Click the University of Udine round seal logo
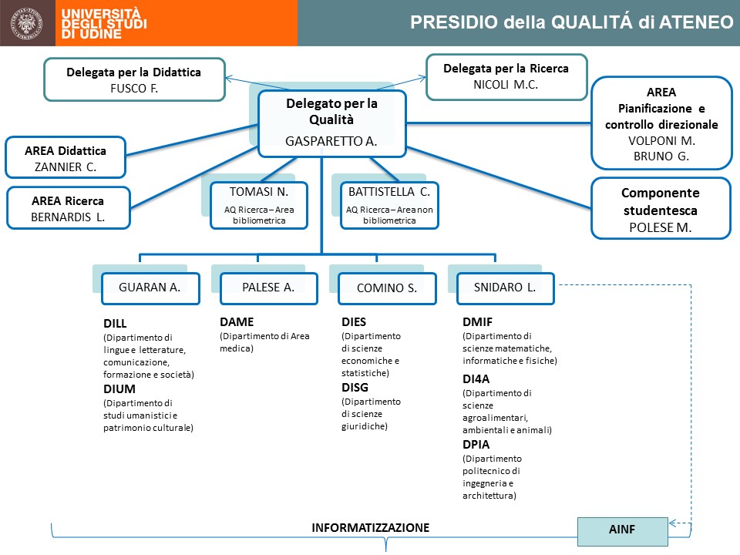[28, 23]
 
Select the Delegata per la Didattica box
[133, 79]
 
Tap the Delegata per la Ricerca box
[506, 76]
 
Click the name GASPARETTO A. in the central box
[331, 142]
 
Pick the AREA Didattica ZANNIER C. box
[68, 158]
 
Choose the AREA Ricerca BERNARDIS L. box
[68, 208]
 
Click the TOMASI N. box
[259, 204]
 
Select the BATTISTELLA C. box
[389, 204]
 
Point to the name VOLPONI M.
[661, 140]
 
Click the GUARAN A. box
[150, 288]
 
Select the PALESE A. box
[267, 288]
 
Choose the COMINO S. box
[386, 288]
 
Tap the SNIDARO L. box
[505, 288]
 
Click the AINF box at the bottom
[623, 530]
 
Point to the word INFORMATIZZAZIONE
[370, 528]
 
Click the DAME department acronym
[236, 322]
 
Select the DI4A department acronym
[476, 378]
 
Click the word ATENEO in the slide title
[695, 22]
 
